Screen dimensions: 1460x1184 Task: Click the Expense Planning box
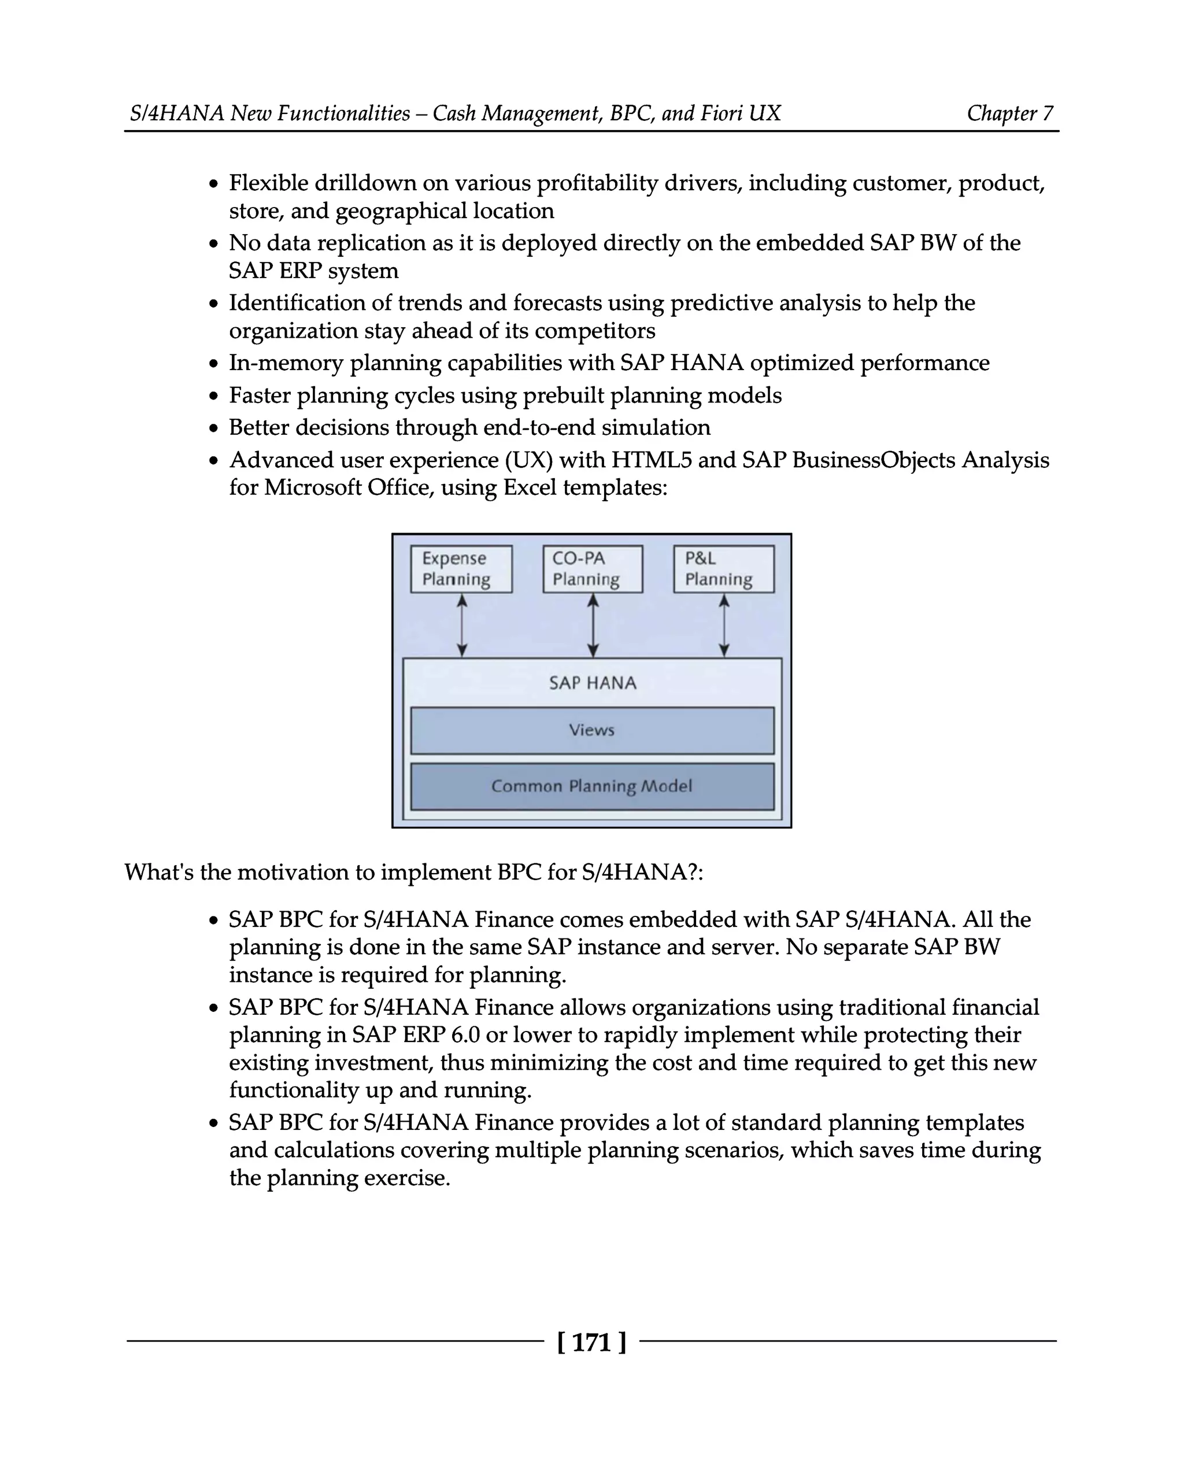[461, 568]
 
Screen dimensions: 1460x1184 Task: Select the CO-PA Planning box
[592, 568]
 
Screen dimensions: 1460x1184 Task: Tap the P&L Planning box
[724, 568]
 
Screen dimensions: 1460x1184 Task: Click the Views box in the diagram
[592, 730]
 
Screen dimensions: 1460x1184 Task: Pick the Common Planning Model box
[592, 786]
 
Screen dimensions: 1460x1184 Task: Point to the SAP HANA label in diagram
[592, 683]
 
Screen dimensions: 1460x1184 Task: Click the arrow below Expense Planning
[462, 625]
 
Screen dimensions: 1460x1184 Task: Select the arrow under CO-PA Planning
[593, 625]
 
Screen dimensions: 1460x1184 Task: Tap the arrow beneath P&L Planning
[724, 625]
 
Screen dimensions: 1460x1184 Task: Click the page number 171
[591, 1342]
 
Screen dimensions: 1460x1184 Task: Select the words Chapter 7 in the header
[1009, 113]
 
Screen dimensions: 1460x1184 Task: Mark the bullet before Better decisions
[214, 428]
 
